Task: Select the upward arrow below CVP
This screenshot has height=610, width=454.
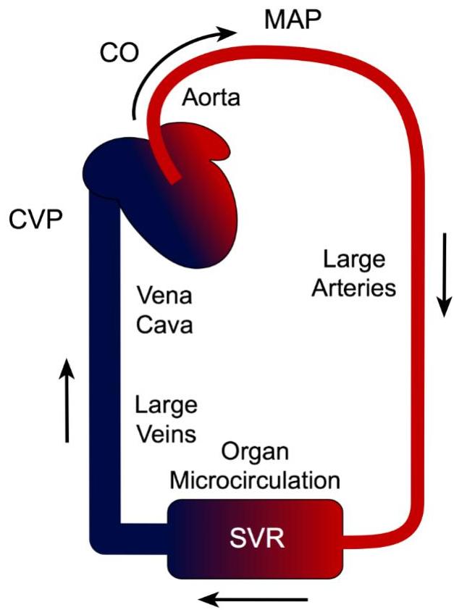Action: [67, 398]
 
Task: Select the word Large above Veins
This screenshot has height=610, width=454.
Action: [166, 405]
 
